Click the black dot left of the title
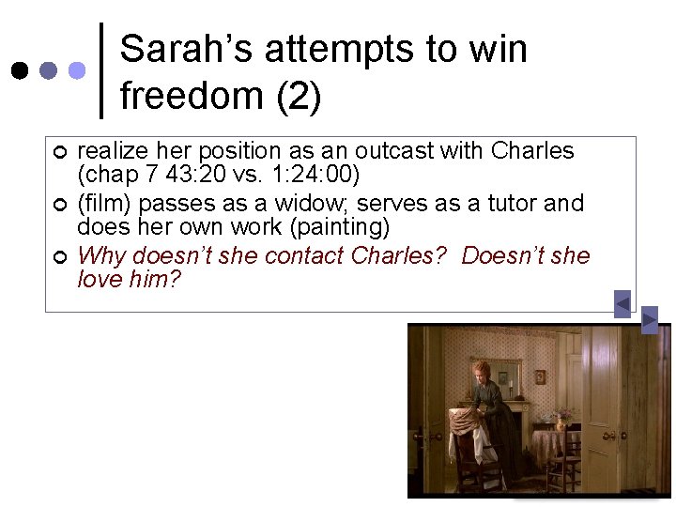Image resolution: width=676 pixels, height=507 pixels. [19, 70]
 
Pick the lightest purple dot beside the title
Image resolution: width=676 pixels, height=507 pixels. [78, 70]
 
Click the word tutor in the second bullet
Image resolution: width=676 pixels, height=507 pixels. [513, 204]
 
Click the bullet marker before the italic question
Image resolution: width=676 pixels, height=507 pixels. [59, 256]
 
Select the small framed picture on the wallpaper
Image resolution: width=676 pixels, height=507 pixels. [540, 376]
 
